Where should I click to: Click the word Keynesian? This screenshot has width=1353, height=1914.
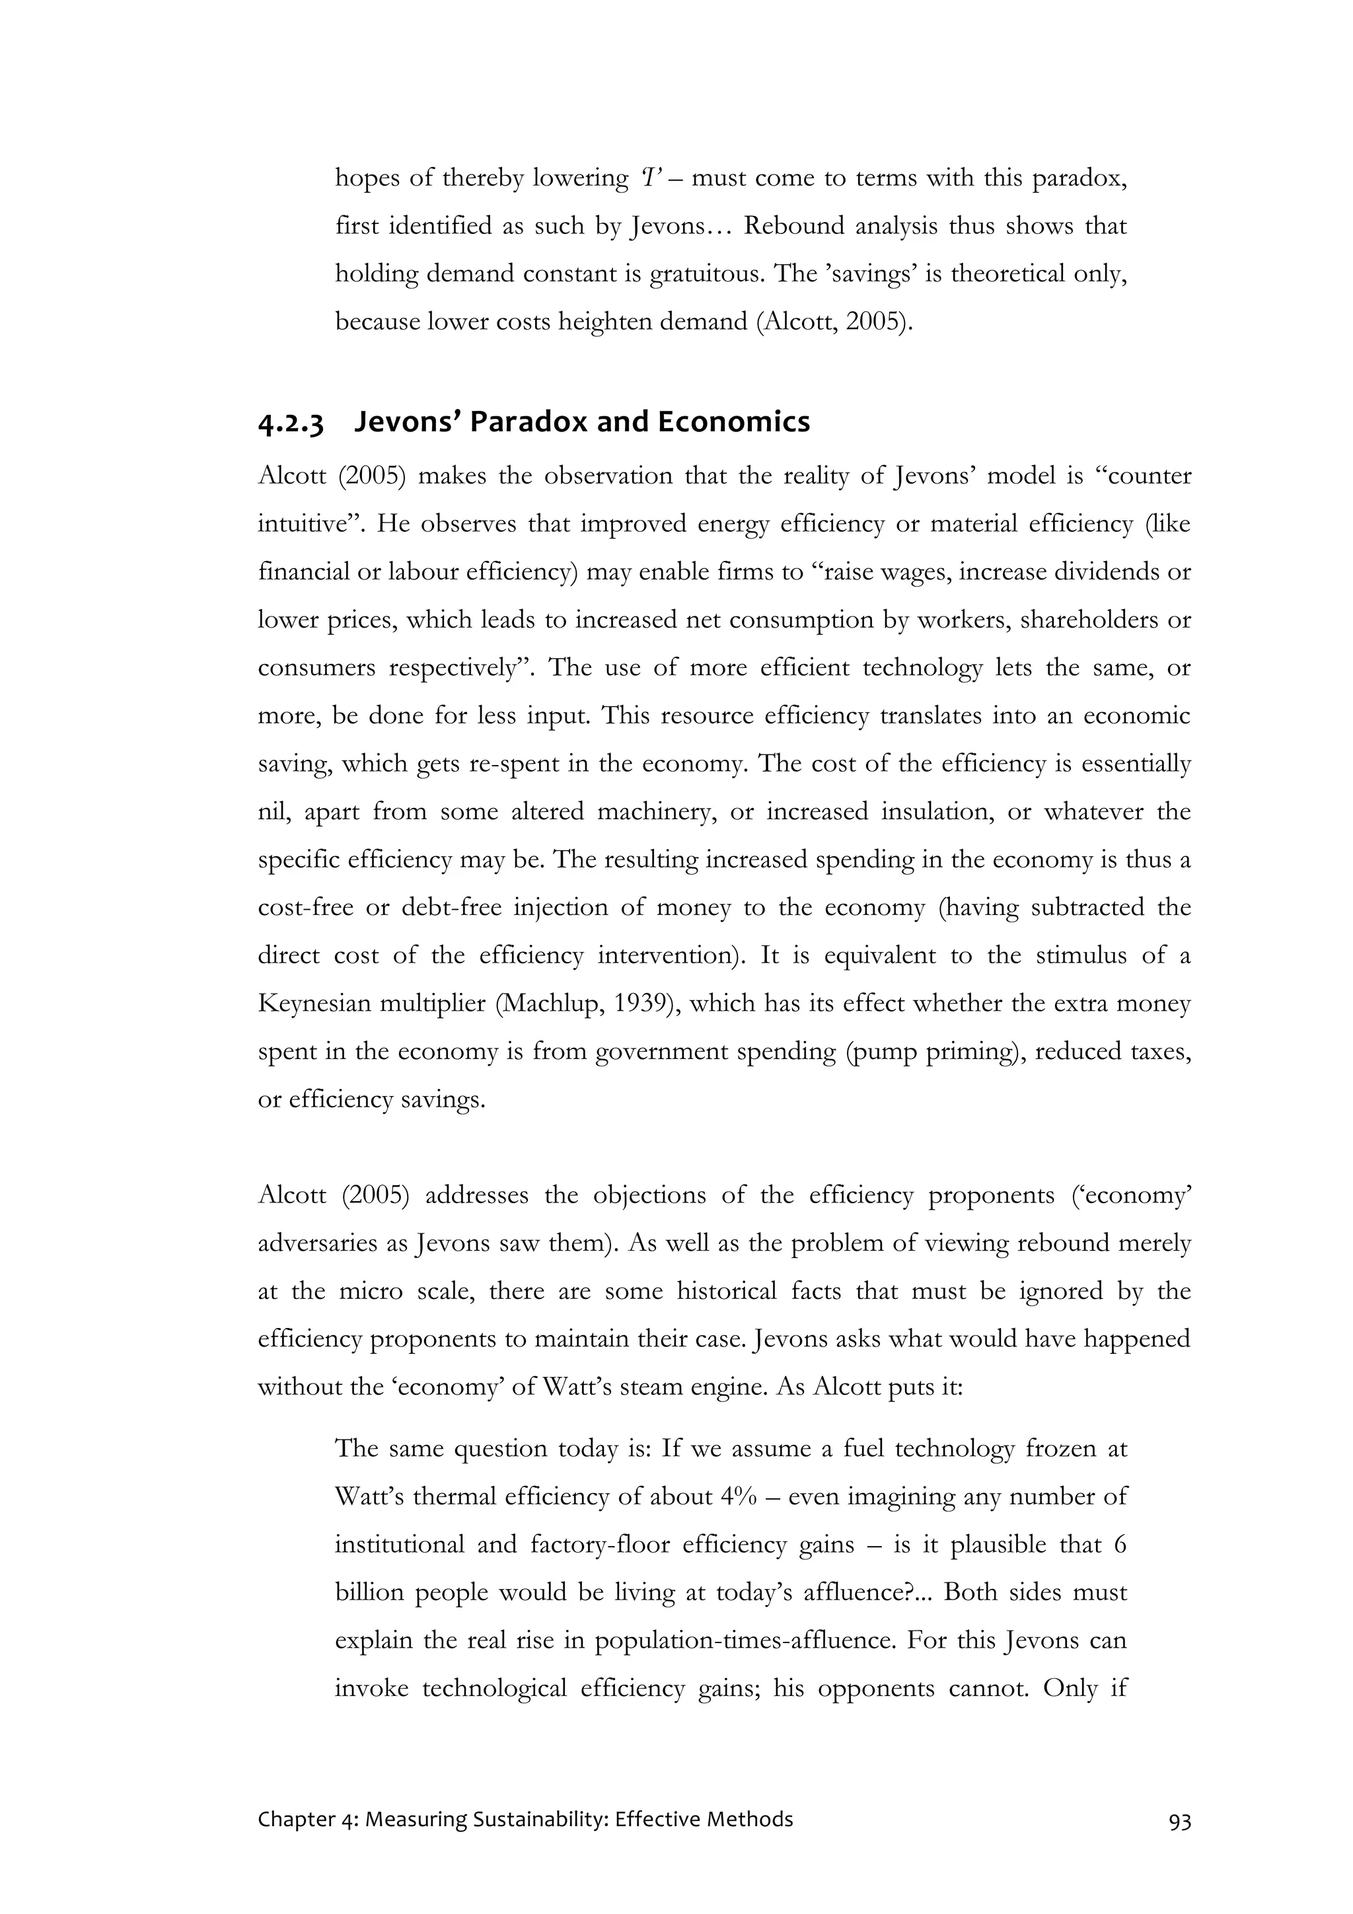[312, 1003]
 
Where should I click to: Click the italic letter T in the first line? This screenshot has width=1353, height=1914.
[650, 178]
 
